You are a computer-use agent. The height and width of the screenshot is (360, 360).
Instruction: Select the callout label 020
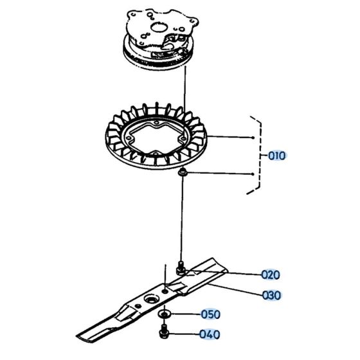(271, 274)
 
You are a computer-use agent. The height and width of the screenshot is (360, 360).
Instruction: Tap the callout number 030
(271, 296)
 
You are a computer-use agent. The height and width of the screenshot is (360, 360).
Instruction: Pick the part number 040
(210, 334)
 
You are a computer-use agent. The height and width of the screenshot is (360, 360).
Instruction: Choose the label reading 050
(210, 314)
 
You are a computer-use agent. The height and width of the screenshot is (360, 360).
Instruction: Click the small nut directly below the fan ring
(183, 173)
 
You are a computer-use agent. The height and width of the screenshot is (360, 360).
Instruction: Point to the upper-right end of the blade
(219, 261)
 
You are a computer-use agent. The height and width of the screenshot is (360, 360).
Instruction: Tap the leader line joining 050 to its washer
(186, 314)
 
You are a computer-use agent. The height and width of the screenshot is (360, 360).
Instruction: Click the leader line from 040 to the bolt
(186, 334)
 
